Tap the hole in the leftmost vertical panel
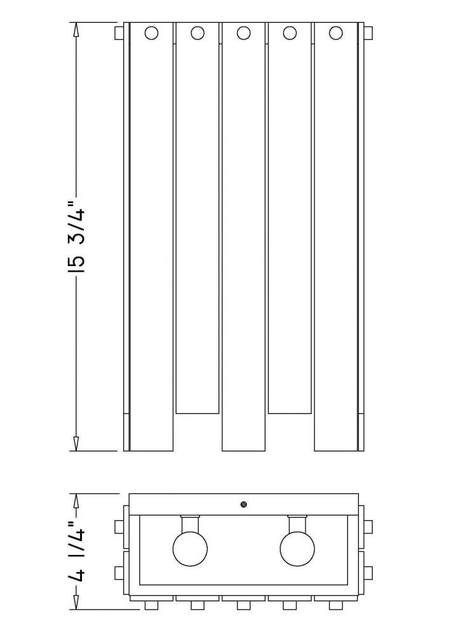(x=151, y=33)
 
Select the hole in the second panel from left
(x=197, y=33)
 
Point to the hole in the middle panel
(x=243, y=33)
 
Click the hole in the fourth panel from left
(x=290, y=33)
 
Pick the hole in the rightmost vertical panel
(x=335, y=33)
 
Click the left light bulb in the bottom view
(x=190, y=549)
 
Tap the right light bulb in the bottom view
(x=297, y=549)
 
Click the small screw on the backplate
(x=244, y=504)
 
